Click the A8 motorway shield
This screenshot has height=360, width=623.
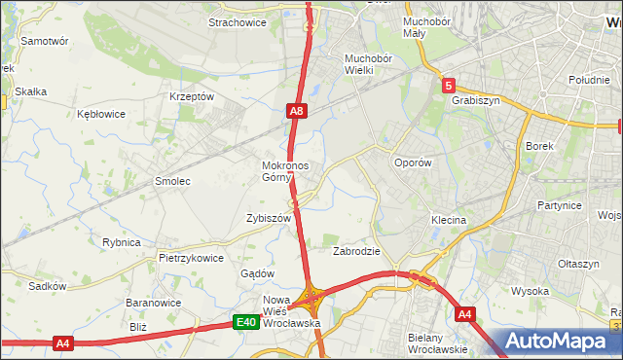[x=298, y=113]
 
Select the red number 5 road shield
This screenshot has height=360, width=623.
[x=447, y=86]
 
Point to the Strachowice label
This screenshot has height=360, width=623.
[x=238, y=22]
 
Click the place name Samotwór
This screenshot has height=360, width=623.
[x=45, y=42]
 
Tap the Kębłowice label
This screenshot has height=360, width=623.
[x=101, y=114]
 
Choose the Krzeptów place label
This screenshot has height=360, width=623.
[x=191, y=97]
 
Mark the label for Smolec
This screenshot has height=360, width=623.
[x=172, y=181]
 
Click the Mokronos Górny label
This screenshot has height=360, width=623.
[x=284, y=171]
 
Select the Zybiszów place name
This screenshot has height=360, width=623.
[x=269, y=219]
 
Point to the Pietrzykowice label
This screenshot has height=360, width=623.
[x=192, y=259]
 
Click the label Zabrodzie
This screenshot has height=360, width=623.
[x=356, y=250]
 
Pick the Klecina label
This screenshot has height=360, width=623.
[x=449, y=221]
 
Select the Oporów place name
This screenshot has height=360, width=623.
[x=412, y=163]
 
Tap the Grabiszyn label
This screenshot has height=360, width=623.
[x=475, y=99]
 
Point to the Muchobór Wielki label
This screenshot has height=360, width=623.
[x=367, y=63]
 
